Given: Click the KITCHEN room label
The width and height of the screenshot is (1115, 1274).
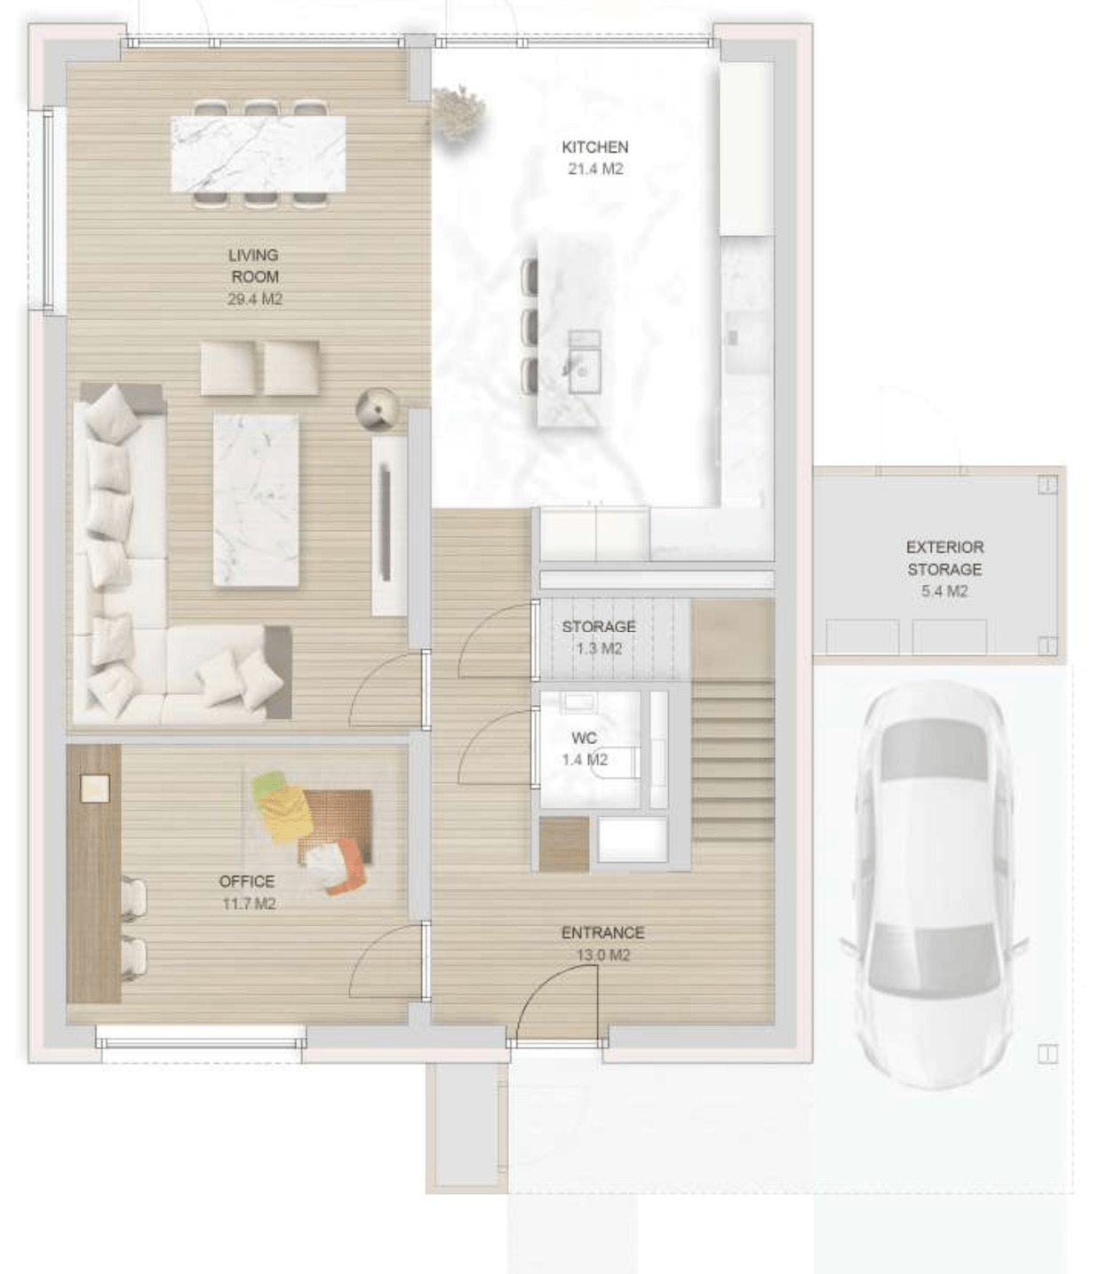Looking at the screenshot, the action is coord(595,147).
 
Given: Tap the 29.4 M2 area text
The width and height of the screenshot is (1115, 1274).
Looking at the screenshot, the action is coord(255,299).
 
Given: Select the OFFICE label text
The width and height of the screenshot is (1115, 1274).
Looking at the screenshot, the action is coord(247,881).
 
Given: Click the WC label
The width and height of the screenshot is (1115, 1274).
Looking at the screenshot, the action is coord(585,738).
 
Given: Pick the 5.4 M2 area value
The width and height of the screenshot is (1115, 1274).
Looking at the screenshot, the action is coord(944,591).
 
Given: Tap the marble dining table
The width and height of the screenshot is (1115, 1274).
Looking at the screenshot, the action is coord(259,154).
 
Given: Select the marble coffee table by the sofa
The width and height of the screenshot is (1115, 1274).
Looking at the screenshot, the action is coord(256,500).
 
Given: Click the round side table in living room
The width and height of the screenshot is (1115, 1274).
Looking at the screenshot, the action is coord(377,409).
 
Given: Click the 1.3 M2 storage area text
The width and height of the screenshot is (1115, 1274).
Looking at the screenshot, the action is coord(599,648).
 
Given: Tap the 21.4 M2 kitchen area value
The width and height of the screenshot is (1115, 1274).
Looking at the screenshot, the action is coord(595,169).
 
